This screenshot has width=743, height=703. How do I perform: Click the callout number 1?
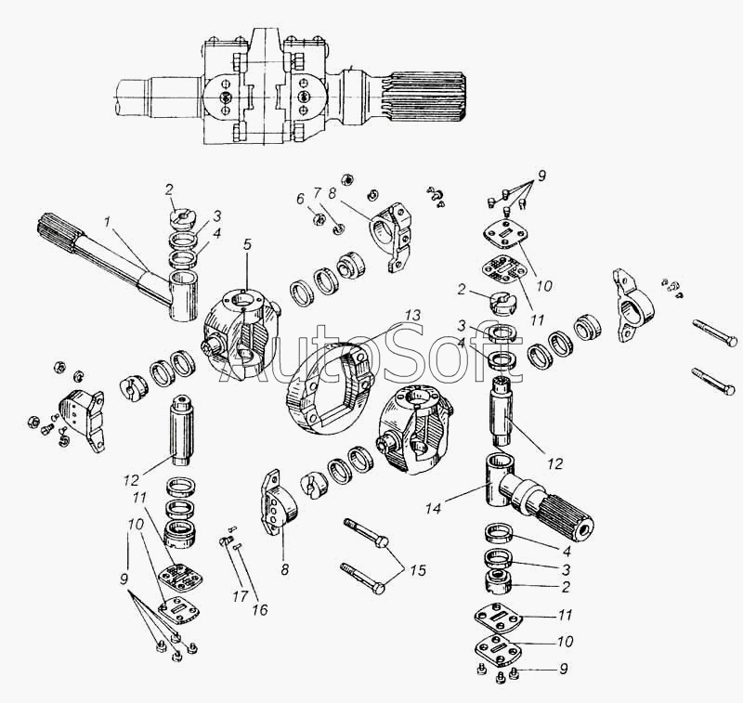click(107, 222)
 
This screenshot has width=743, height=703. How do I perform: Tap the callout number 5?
click(247, 245)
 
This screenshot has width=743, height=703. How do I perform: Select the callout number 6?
click(300, 199)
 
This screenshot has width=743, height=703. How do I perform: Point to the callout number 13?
click(412, 316)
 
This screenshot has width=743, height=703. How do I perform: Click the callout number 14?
click(433, 508)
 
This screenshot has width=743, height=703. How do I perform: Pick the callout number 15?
click(417, 570)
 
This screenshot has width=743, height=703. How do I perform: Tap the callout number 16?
click(260, 609)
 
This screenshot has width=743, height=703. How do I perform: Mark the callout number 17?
click(241, 596)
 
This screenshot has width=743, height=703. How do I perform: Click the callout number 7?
click(317, 193)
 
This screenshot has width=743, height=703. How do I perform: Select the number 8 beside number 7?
click(332, 193)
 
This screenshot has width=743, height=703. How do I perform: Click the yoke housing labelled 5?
click(240, 334)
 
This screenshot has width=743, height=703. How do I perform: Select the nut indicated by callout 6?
click(319, 219)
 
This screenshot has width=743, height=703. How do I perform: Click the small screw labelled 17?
click(226, 541)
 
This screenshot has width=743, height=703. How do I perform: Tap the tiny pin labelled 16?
click(238, 546)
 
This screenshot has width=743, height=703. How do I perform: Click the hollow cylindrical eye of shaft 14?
click(498, 479)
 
